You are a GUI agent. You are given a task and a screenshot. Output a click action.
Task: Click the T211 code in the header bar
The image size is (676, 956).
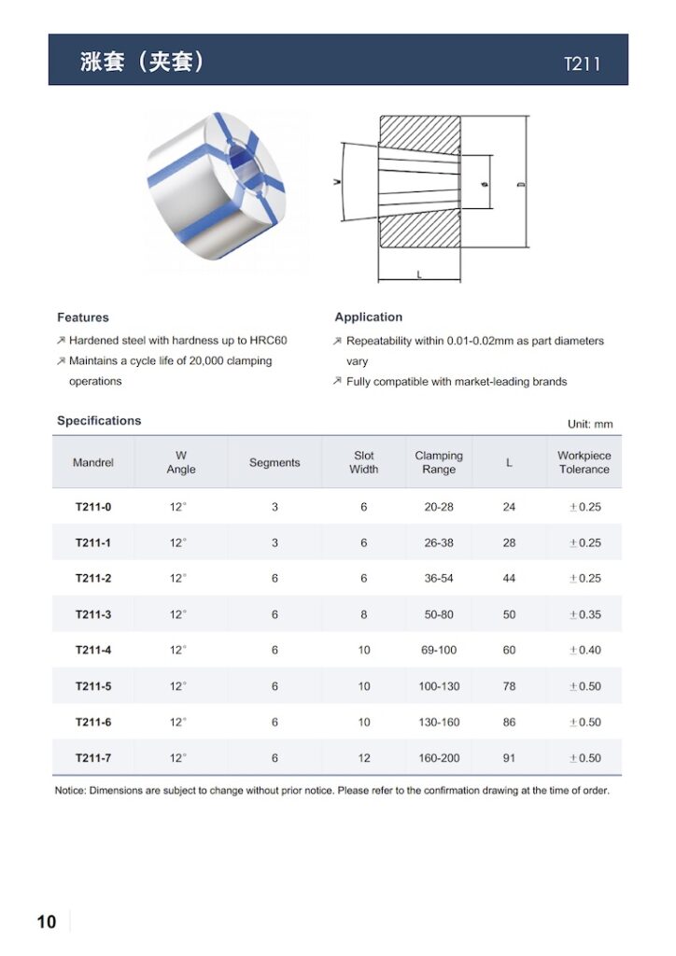click(x=582, y=64)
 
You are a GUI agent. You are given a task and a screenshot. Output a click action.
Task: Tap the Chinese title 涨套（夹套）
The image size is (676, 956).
click(x=142, y=63)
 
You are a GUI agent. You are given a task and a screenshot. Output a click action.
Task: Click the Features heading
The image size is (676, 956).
click(x=83, y=317)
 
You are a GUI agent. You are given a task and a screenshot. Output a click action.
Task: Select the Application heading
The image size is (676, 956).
click(x=369, y=317)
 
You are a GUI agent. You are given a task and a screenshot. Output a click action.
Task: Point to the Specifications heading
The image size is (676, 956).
click(x=99, y=421)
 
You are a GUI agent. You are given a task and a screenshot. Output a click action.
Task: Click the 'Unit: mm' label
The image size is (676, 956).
click(x=590, y=424)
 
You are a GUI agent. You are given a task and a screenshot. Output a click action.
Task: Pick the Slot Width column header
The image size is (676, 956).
click(x=364, y=462)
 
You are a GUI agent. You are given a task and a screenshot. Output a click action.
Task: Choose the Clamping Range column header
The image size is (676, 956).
click(x=439, y=462)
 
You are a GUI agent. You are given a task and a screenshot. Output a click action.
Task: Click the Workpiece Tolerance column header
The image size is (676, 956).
click(x=584, y=462)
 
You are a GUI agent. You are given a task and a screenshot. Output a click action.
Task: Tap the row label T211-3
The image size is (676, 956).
click(x=93, y=614)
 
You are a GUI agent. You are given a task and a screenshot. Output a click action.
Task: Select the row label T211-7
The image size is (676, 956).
click(x=93, y=758)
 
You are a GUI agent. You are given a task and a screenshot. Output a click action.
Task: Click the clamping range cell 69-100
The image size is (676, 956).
click(x=439, y=650)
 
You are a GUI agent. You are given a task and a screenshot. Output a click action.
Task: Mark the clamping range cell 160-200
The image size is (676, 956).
click(x=439, y=758)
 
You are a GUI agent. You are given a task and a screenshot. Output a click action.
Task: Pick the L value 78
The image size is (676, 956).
click(x=509, y=686)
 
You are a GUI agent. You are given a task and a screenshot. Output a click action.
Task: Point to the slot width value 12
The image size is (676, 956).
click(x=364, y=758)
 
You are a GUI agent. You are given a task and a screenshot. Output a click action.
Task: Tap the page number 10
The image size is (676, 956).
click(x=47, y=922)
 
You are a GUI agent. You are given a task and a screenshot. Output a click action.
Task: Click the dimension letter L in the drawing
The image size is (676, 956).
click(x=419, y=274)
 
